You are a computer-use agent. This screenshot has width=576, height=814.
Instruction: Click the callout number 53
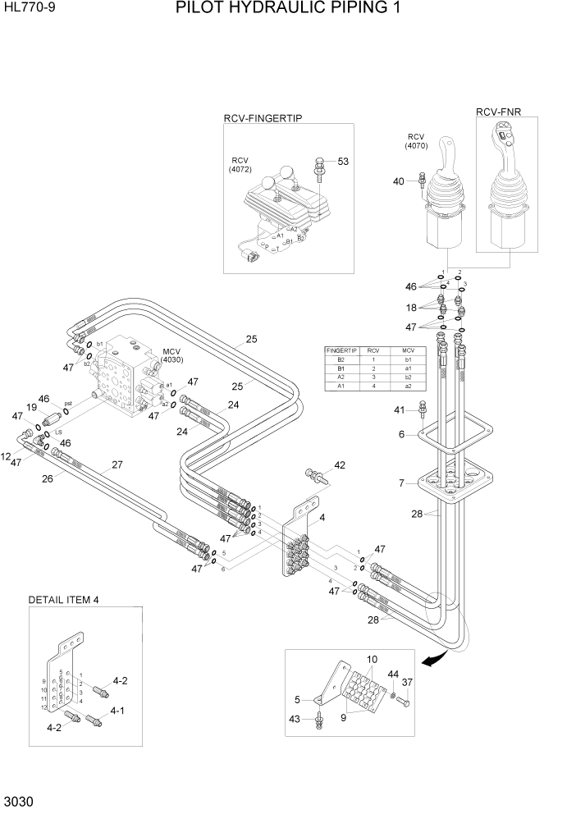[x=343, y=162]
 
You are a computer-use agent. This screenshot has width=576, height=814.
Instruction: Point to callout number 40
[x=399, y=181]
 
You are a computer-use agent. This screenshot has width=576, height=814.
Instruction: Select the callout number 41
[x=400, y=409]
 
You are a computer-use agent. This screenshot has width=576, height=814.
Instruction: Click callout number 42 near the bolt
[x=339, y=465]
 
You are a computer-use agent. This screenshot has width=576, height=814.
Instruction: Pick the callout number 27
[x=117, y=464]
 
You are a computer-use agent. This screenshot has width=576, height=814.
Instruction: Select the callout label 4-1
[x=117, y=711]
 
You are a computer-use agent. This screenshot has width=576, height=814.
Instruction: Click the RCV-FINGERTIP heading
[x=263, y=118]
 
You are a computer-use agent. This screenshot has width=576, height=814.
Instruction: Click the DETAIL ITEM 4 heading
[x=63, y=600]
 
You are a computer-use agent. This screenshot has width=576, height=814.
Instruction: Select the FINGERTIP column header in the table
[x=342, y=350]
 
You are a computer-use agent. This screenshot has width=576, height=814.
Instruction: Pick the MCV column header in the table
[x=407, y=350]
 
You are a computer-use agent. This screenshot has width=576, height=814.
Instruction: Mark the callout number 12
[x=6, y=456]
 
